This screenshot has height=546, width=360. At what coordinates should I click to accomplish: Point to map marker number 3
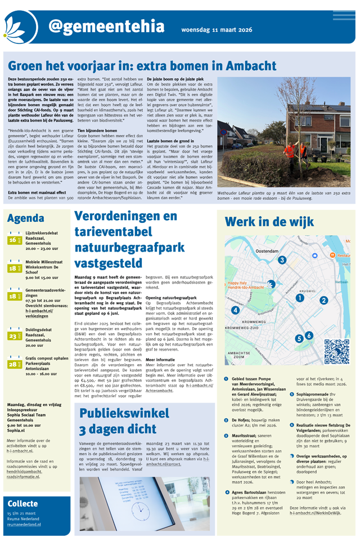(x=282, y=260)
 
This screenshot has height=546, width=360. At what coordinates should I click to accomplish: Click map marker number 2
(x=324, y=300)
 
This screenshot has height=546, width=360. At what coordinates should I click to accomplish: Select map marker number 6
(x=309, y=335)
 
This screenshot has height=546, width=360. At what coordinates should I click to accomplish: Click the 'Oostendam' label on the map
(x=267, y=251)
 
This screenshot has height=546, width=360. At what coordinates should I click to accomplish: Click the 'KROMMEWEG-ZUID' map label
(x=245, y=327)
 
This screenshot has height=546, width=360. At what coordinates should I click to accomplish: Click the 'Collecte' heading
(x=22, y=504)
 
